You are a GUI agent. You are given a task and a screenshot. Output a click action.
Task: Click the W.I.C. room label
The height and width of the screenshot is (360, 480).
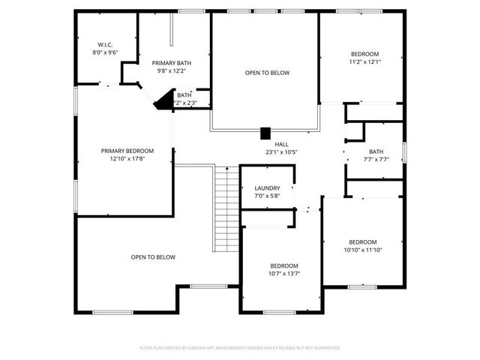pyautogui.click(x=105, y=45)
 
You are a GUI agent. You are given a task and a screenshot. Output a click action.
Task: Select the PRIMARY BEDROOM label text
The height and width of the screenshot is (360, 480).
pyautogui.click(x=127, y=150)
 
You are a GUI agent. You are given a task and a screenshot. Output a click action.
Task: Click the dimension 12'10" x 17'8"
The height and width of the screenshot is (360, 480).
pyautogui.click(x=127, y=158)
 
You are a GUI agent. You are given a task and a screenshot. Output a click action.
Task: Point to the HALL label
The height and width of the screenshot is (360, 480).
pyautogui.click(x=281, y=144)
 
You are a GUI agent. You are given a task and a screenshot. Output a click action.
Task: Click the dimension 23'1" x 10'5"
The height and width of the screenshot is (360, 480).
pyautogui.click(x=281, y=152)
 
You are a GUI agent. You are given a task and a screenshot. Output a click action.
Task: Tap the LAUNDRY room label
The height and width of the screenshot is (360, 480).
pyautogui.click(x=267, y=188)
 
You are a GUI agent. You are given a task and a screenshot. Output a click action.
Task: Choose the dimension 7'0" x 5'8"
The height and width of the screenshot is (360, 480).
pyautogui.click(x=267, y=196)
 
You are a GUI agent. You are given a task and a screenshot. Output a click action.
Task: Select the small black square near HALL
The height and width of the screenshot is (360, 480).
pyautogui.click(x=265, y=133)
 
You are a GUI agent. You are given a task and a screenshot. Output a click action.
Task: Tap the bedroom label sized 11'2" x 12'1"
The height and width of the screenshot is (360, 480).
pyautogui.click(x=364, y=53)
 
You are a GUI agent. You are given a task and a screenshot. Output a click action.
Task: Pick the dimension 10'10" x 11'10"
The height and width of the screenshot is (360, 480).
pyautogui.click(x=363, y=250)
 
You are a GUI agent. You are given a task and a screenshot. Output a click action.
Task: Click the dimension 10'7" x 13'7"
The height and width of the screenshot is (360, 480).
pyautogui.click(x=284, y=274)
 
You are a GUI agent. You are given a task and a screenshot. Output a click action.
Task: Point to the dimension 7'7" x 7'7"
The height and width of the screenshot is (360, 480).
pyautogui.click(x=376, y=159)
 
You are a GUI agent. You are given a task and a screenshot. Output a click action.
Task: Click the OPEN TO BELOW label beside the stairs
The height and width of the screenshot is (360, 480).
pyautogui.click(x=153, y=257)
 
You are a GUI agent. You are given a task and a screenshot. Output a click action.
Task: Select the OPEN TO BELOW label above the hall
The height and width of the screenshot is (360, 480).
pyautogui.click(x=267, y=73)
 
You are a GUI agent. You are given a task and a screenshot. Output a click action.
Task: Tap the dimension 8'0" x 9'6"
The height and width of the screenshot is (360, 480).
pyautogui.click(x=105, y=53)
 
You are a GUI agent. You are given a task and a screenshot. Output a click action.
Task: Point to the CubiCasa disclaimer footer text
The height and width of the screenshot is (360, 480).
pyautogui.click(x=240, y=348)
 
